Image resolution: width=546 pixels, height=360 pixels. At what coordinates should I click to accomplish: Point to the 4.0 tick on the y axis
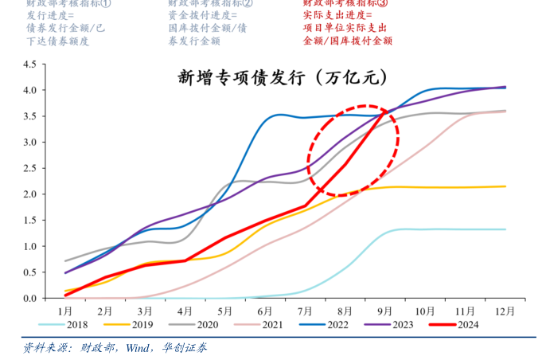29,90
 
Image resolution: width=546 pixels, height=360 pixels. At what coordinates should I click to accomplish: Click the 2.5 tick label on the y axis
29,168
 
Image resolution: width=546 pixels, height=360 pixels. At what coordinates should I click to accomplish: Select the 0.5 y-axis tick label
29,272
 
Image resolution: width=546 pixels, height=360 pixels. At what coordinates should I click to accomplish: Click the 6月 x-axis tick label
265,310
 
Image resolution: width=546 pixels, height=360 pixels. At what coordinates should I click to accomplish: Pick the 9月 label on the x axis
385,310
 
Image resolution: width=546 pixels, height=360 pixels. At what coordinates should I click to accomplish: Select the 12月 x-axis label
505,310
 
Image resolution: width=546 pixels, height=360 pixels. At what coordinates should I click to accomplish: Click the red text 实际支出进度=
337,15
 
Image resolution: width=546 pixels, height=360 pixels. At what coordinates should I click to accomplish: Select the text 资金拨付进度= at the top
203,15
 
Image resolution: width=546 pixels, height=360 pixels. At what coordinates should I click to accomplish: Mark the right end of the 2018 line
505,229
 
